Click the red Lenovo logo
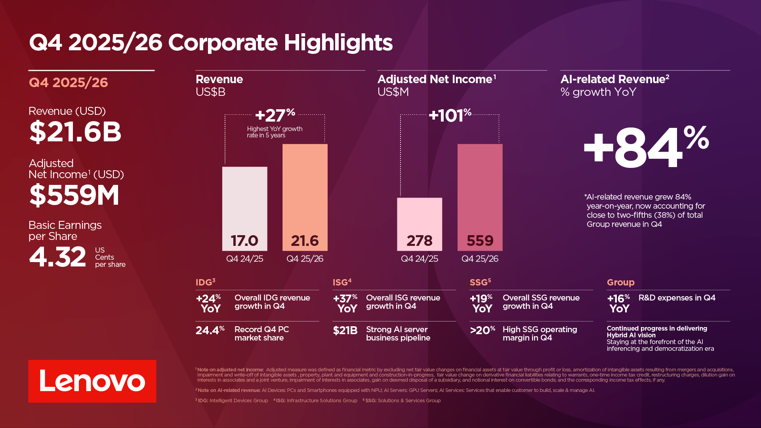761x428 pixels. (x=92, y=381)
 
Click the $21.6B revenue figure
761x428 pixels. (x=75, y=132)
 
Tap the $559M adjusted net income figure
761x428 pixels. (x=74, y=195)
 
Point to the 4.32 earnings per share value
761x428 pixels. (x=57, y=257)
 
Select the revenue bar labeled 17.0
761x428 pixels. (x=244, y=209)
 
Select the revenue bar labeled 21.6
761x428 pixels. (x=305, y=197)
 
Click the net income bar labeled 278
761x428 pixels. (x=420, y=224)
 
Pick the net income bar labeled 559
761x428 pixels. (x=480, y=197)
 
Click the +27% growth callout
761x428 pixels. (x=275, y=115)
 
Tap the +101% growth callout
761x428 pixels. (x=450, y=115)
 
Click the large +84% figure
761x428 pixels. (x=646, y=148)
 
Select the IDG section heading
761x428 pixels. (x=205, y=282)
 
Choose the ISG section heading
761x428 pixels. (x=342, y=282)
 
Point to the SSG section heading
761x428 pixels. (x=480, y=282)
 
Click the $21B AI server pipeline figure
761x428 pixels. (x=345, y=330)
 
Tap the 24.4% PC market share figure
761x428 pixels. (x=210, y=330)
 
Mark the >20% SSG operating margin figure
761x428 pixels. (x=483, y=330)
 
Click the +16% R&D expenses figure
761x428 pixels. (x=618, y=303)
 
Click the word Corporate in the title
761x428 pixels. (x=223, y=42)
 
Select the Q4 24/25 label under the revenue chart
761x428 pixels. (x=244, y=259)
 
